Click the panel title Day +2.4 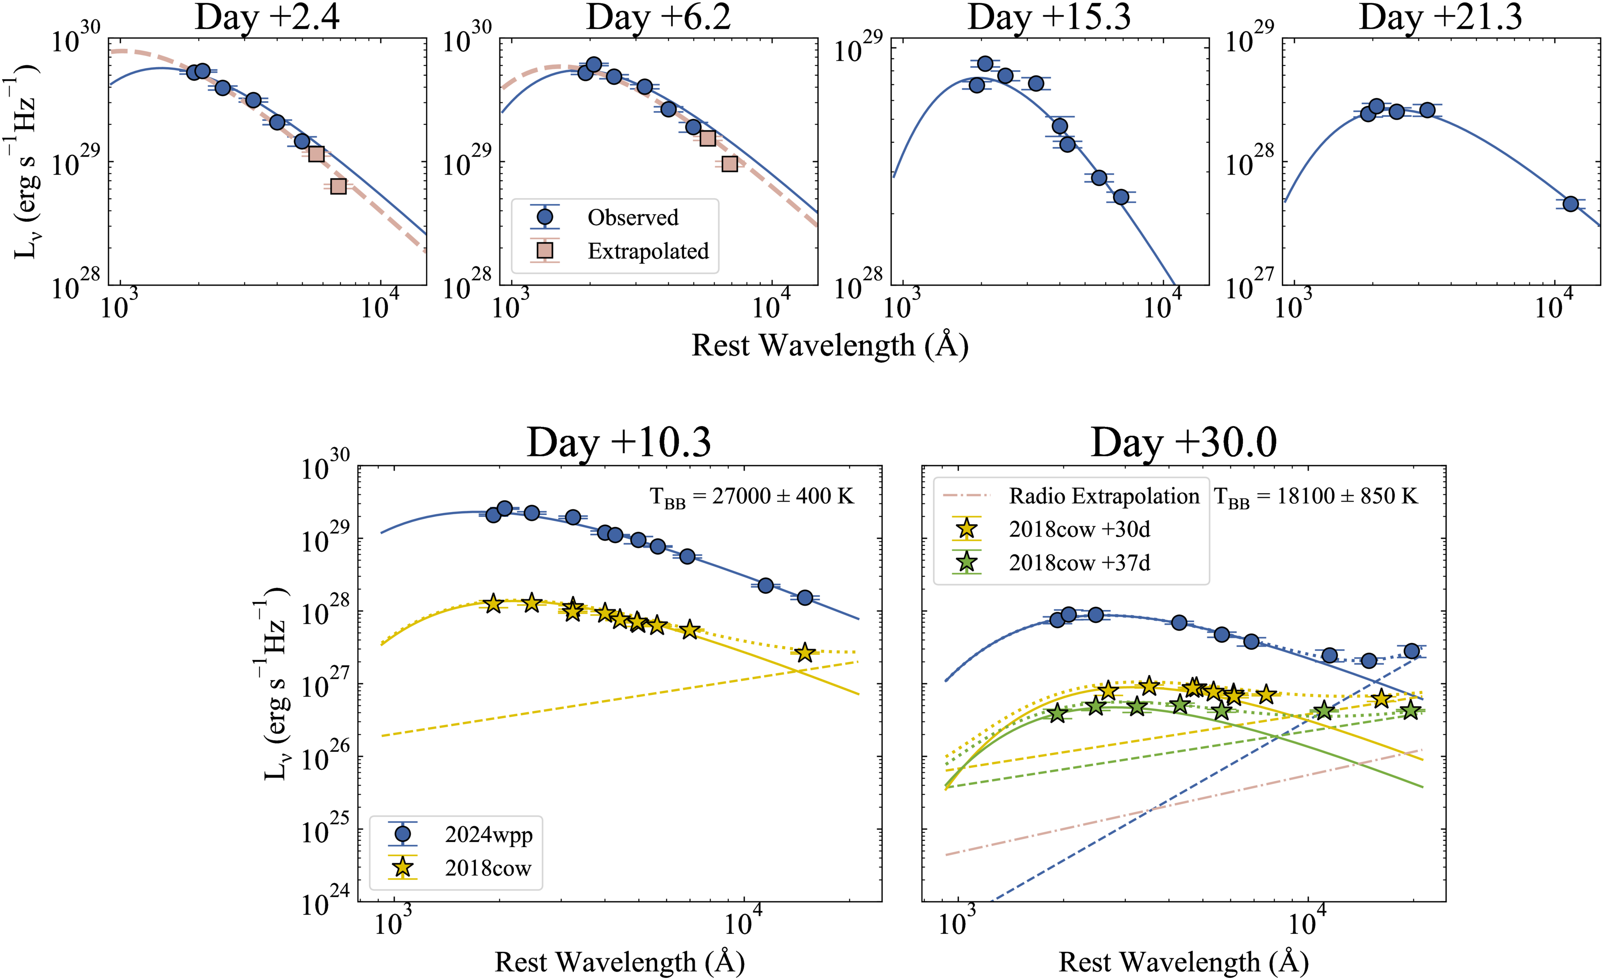(267, 17)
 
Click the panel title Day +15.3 (1049, 17)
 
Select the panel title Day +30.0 (1183, 443)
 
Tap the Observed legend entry (632, 217)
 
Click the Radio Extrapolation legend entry (1103, 496)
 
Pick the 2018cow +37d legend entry (1079, 562)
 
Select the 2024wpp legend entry (488, 835)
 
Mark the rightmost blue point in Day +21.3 (1570, 204)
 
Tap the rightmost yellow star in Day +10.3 (805, 652)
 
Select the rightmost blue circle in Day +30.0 (1411, 651)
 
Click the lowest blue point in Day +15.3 (1120, 196)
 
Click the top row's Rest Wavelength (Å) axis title (830, 345)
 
